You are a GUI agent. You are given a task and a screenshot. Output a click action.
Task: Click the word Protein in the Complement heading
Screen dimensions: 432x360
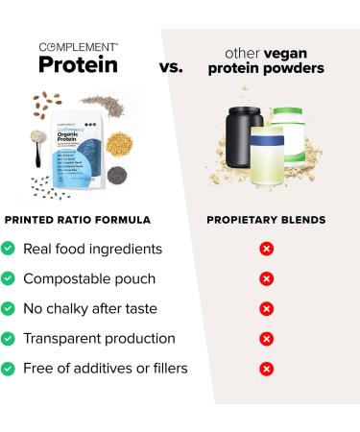pos(78,64)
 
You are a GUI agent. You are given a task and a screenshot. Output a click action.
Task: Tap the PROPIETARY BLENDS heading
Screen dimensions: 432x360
pos(266,220)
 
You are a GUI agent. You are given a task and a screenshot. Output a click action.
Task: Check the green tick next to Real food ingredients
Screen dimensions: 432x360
pos(8,249)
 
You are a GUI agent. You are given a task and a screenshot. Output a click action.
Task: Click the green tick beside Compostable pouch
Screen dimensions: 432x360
pos(8,278)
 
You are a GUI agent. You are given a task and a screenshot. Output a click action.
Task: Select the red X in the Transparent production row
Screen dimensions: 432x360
pos(267,339)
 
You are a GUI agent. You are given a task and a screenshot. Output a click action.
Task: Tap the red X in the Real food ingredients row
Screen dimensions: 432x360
pos(267,249)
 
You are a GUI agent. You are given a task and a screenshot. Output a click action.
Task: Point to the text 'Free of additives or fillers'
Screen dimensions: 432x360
pos(107,369)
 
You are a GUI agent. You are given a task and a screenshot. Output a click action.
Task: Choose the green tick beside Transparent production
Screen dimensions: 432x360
pos(8,339)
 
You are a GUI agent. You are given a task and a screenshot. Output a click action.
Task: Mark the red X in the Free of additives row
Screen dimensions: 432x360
pos(267,369)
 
